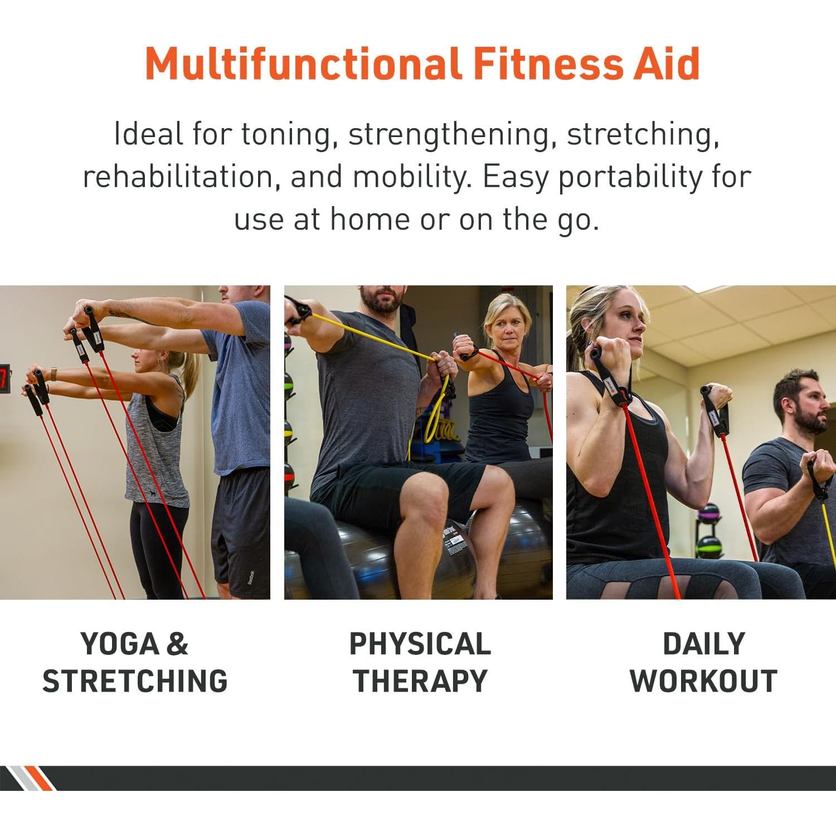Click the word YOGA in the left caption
click(120, 644)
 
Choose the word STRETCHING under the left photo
click(135, 681)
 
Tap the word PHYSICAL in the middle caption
click(420, 644)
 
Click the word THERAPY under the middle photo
click(420, 681)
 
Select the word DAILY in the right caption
click(703, 644)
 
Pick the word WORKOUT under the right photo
click(703, 681)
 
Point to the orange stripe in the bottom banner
click(42, 778)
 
